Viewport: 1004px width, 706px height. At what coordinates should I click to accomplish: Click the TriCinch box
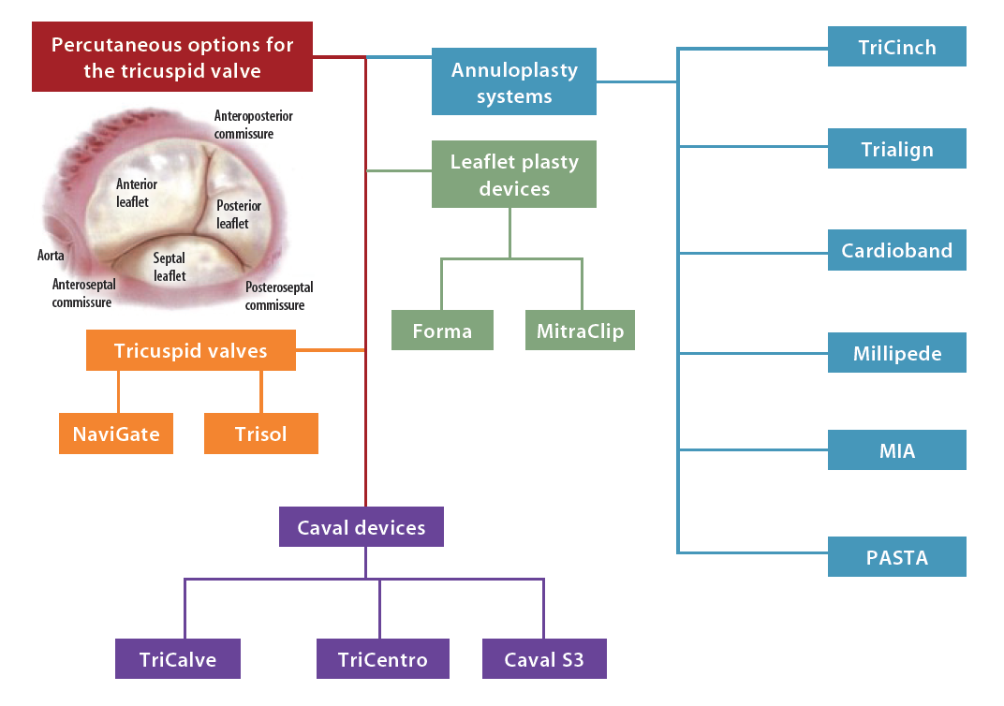896,47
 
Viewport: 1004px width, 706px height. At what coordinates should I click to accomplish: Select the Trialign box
896,149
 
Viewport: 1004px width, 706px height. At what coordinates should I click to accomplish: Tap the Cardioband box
896,251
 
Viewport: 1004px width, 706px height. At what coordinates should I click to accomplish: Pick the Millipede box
896,353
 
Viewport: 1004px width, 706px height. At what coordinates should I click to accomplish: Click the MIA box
896,450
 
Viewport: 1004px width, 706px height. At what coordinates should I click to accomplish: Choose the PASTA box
896,557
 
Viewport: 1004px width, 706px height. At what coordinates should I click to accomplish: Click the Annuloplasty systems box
513,82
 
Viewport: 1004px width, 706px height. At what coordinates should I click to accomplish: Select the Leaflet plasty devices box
513,174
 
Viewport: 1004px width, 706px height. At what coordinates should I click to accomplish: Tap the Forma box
442,331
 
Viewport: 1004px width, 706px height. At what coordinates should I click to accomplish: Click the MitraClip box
580,331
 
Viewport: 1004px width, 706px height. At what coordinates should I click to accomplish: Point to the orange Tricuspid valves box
190,350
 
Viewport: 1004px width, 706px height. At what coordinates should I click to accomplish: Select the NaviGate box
116,434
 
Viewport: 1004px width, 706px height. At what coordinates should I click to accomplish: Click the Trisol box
260,434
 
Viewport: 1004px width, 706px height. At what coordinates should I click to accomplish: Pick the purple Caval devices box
361,527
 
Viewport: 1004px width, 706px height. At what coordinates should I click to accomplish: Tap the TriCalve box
177,659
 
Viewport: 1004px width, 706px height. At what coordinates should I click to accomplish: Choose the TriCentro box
382,659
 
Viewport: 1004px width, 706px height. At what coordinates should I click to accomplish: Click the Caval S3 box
543,659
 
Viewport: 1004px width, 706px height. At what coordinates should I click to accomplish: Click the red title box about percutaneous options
171,57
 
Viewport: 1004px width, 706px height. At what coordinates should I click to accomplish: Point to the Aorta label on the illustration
51,255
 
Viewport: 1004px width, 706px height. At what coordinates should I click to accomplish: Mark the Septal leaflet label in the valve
170,267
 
